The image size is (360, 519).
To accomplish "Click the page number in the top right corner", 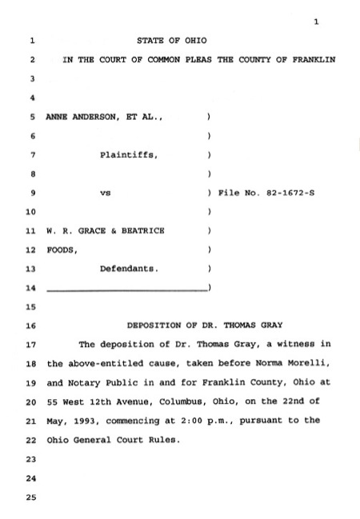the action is pyautogui.click(x=317, y=22).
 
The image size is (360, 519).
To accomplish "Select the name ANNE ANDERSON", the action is pyautogui.click(x=80, y=116).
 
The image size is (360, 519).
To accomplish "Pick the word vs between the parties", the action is pyautogui.click(x=104, y=194).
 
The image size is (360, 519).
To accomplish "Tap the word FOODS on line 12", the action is pyautogui.click(x=62, y=250).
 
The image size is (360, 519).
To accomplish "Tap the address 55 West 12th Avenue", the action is pyautogui.click(x=94, y=403).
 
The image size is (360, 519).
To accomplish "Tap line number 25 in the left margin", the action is pyautogui.click(x=31, y=499).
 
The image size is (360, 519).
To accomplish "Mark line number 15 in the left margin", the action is pyautogui.click(x=31, y=307).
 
